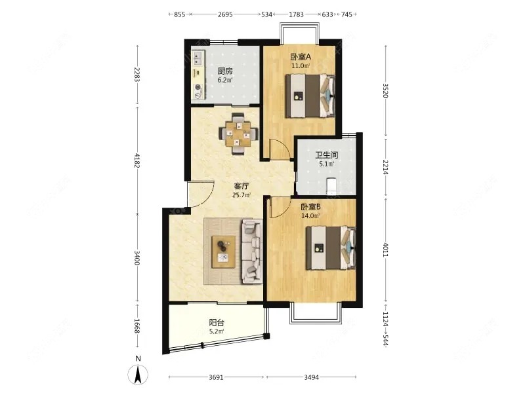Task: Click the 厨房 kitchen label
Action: [x=225, y=71]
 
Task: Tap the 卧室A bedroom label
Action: [x=301, y=57]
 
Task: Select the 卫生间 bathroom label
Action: [x=326, y=155]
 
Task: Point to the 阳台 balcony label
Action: [x=217, y=323]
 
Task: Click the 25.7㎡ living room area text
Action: [x=241, y=195]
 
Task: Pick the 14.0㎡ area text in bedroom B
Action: [x=310, y=215]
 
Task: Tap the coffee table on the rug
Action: [x=223, y=252]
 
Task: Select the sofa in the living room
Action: [x=252, y=250]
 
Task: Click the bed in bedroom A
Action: [x=310, y=96]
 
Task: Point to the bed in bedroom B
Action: [x=331, y=248]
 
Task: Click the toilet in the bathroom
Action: [x=331, y=187]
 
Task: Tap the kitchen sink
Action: [x=198, y=58]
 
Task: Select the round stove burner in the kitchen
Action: [x=199, y=88]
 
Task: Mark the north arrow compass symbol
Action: [x=138, y=374]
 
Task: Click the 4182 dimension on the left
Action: [x=136, y=160]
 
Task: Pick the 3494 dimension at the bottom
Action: [x=311, y=377]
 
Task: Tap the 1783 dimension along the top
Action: [x=296, y=14]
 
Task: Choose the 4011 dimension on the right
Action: [x=385, y=250]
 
